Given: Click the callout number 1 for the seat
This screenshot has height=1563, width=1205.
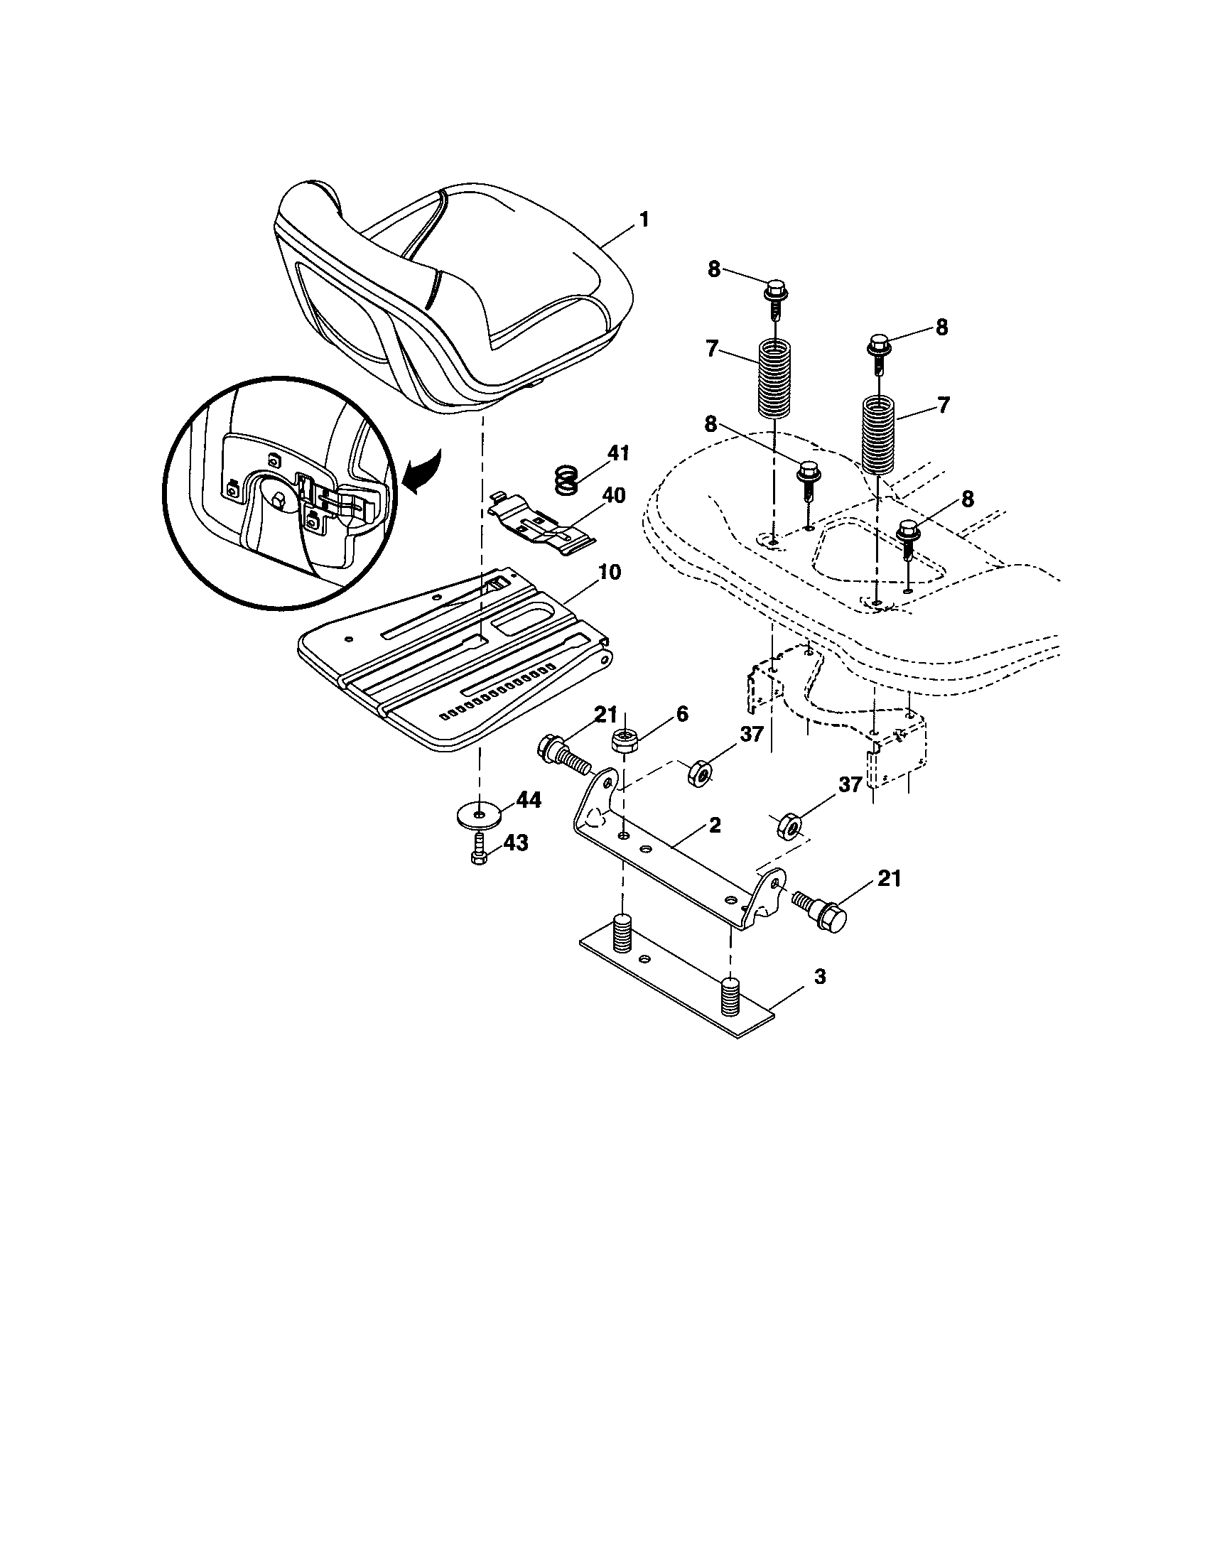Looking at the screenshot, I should click(643, 219).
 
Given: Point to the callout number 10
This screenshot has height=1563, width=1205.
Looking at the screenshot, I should click(610, 572).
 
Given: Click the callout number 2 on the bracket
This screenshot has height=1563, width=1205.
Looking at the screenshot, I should click(714, 825).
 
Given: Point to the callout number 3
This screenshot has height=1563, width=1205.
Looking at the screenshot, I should click(819, 976).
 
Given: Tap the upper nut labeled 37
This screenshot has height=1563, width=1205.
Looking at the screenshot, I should click(697, 774).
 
